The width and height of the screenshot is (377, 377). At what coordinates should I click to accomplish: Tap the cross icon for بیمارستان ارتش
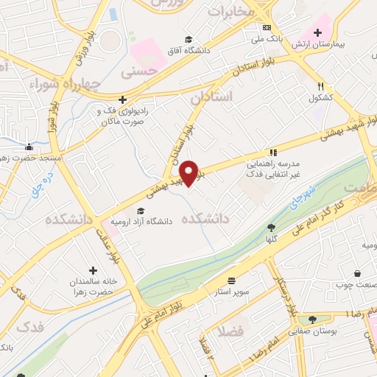coord(317,32)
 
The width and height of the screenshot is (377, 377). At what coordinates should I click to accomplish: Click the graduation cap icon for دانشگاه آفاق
coord(188,40)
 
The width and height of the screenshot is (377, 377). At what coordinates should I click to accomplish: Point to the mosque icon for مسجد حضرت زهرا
coord(28,147)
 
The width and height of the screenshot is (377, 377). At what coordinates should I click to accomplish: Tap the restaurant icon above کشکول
coord(320,86)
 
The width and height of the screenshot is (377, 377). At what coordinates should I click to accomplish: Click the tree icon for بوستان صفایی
coord(313,320)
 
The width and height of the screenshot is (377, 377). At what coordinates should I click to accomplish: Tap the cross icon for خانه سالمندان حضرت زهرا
coord(93,270)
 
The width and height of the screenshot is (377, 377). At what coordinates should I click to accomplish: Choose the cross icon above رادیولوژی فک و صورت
coord(123,99)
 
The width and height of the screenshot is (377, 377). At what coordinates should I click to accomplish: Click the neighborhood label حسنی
coord(139,72)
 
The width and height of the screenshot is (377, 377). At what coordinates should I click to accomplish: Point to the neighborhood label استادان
coord(211,96)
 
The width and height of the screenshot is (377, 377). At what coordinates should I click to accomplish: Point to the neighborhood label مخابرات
coord(230,10)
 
